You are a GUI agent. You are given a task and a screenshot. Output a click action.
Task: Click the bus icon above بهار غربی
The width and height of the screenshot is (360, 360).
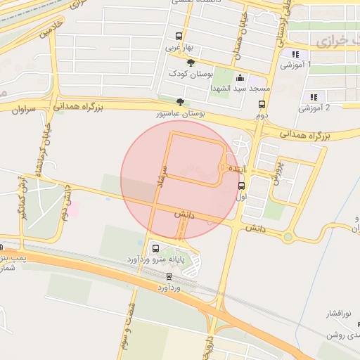tap(179, 37)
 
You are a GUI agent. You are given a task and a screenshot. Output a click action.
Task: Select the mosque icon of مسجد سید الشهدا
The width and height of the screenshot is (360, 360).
tap(241, 77)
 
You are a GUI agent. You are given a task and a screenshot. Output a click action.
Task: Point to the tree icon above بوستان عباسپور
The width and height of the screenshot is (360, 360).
tap(181, 101)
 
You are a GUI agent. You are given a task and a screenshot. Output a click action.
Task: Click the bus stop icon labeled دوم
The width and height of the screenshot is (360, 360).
tap(262, 103)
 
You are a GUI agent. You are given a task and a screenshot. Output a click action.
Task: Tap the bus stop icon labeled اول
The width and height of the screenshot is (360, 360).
tap(242, 186)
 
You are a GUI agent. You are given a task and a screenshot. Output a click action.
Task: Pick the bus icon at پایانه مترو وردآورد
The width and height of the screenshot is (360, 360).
tap(155, 247)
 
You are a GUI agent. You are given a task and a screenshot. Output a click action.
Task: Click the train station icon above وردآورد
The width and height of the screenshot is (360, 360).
tap(169, 276)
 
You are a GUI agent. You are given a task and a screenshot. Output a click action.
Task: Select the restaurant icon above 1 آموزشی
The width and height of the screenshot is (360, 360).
tap(295, 54)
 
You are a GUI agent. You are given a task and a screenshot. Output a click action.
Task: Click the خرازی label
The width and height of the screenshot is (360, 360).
tap(331, 41)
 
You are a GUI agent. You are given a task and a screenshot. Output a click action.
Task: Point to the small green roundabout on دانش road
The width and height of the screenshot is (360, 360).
tap(288, 237)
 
